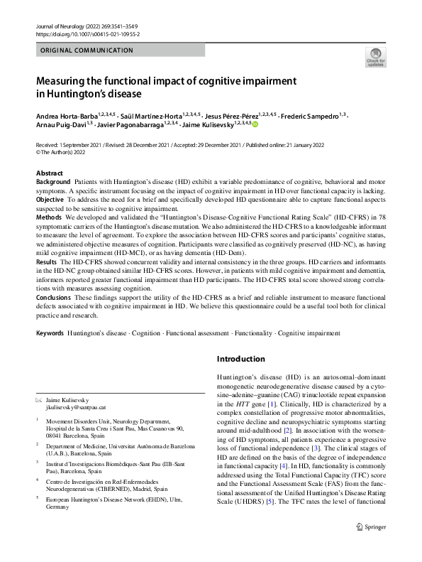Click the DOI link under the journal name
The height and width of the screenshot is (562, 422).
click(x=87, y=33)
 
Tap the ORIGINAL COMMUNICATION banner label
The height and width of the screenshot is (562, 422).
click(x=87, y=50)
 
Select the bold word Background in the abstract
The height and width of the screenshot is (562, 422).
click(x=53, y=183)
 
